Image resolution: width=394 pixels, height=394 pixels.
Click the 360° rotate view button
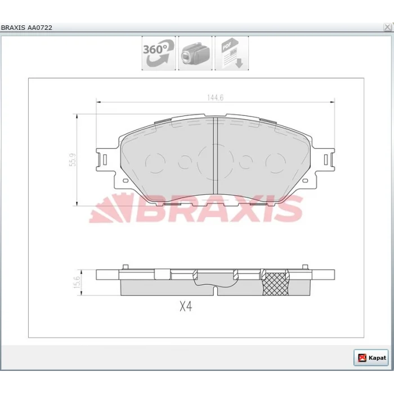click(x=159, y=53)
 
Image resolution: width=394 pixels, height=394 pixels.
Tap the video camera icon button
click(x=195, y=53)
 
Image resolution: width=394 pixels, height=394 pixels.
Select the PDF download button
click(x=232, y=53)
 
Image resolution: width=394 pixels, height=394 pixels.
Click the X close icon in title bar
click(x=387, y=27)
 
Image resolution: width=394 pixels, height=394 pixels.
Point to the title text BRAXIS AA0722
click(x=26, y=28)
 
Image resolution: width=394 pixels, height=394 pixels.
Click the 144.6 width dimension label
click(x=216, y=97)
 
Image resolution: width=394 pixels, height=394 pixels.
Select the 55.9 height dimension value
click(x=73, y=160)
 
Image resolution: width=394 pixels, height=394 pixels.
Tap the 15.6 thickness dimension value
click(x=78, y=282)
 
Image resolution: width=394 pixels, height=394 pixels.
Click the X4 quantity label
click(x=186, y=307)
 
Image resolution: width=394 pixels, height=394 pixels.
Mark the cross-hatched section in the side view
click(x=275, y=284)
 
